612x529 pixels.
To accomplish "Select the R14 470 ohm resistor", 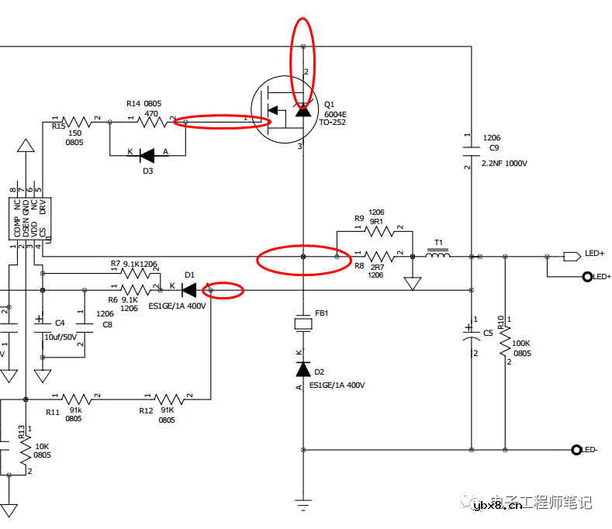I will point(141,121).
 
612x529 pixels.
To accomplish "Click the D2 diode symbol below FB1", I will point(303,370).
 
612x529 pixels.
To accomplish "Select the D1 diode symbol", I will point(188,290).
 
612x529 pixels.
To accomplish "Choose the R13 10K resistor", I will point(26,451).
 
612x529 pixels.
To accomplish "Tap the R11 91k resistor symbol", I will point(76,399).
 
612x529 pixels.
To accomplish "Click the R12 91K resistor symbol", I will point(170,399).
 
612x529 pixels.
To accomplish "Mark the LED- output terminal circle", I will point(576,450).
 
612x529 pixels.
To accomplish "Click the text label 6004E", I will point(335,114).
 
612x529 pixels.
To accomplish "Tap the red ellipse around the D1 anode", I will point(223,291).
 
